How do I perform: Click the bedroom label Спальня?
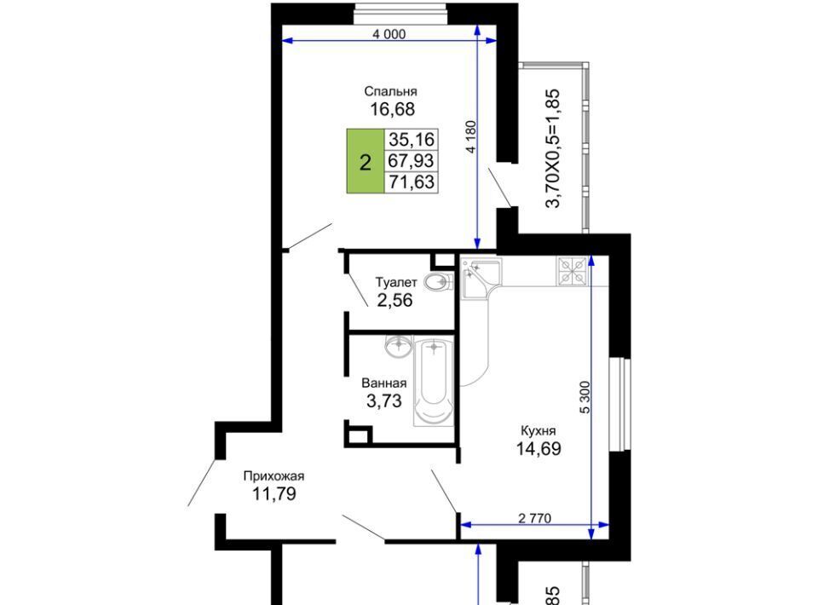click(x=391, y=91)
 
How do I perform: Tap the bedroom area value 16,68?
click(x=392, y=109)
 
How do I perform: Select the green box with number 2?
click(x=366, y=161)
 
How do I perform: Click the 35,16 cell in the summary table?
click(x=412, y=139)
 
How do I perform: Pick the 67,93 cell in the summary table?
click(x=412, y=161)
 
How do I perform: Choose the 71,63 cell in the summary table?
click(x=412, y=182)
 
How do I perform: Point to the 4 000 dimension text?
click(x=389, y=34)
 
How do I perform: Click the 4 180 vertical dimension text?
click(x=471, y=136)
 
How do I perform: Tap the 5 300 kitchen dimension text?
click(x=585, y=397)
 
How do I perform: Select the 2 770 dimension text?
click(x=534, y=518)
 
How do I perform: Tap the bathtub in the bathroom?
click(x=434, y=381)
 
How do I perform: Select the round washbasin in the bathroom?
click(x=399, y=346)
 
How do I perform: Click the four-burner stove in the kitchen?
click(x=573, y=271)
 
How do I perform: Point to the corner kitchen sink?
click(x=481, y=278)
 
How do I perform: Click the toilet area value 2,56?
click(x=395, y=301)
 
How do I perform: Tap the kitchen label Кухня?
click(x=539, y=431)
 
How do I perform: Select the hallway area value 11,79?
click(x=274, y=493)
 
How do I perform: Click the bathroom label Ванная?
click(x=384, y=383)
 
